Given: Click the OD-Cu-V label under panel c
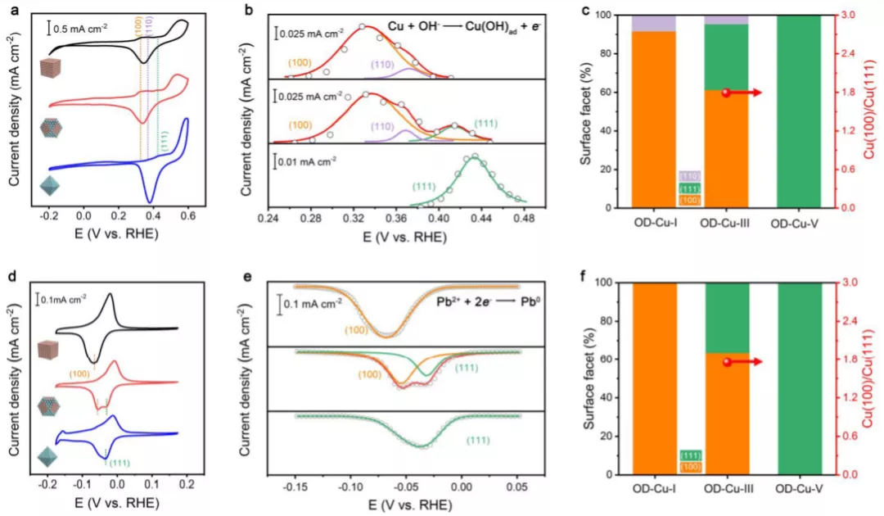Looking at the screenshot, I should tap(798, 224).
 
